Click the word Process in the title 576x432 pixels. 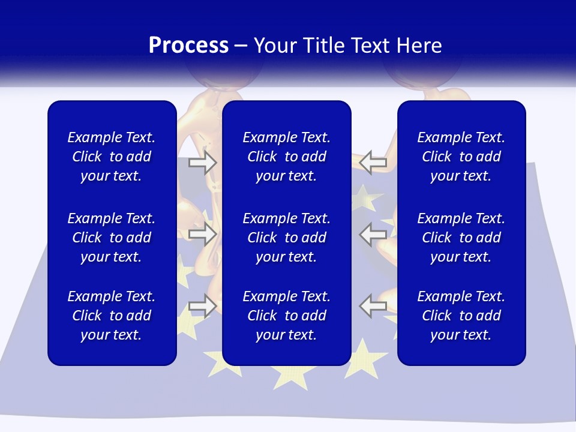[x=188, y=46]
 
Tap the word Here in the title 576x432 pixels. [x=419, y=46]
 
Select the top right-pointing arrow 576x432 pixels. [x=203, y=162]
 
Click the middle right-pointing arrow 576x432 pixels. [x=203, y=233]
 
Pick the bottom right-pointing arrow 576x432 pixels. [x=203, y=306]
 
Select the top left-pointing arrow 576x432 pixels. [x=373, y=162]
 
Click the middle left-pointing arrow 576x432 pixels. [x=373, y=233]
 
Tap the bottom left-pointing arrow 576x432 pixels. [x=373, y=306]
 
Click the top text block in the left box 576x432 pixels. [x=112, y=157]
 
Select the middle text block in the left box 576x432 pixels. [x=112, y=238]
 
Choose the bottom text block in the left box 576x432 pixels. [x=112, y=316]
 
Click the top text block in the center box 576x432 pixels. [x=287, y=157]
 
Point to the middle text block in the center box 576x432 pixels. [x=287, y=238]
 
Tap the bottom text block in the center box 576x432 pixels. [x=287, y=316]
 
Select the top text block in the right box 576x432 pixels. [x=461, y=157]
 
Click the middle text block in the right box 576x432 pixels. [x=461, y=238]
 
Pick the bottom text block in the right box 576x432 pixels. [x=461, y=316]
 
